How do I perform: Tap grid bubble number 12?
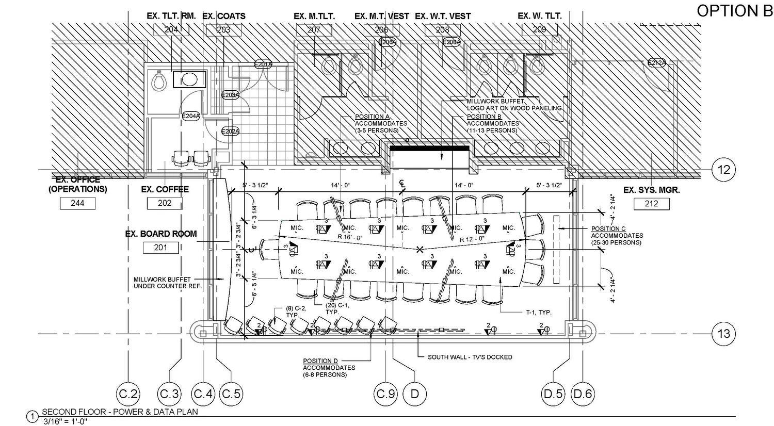[723, 169]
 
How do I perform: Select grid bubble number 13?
[723, 334]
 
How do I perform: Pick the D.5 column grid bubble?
[553, 395]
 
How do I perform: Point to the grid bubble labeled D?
[414, 395]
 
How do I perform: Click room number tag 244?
[77, 203]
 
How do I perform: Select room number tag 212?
[651, 204]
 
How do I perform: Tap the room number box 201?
[160, 248]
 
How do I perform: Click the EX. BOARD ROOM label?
[161, 234]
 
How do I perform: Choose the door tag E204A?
[191, 116]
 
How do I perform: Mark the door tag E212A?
[656, 63]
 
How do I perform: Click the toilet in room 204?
[159, 81]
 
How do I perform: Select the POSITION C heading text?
[608, 228]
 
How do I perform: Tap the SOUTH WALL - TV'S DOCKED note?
[470, 357]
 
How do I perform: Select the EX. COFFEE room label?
[165, 190]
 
